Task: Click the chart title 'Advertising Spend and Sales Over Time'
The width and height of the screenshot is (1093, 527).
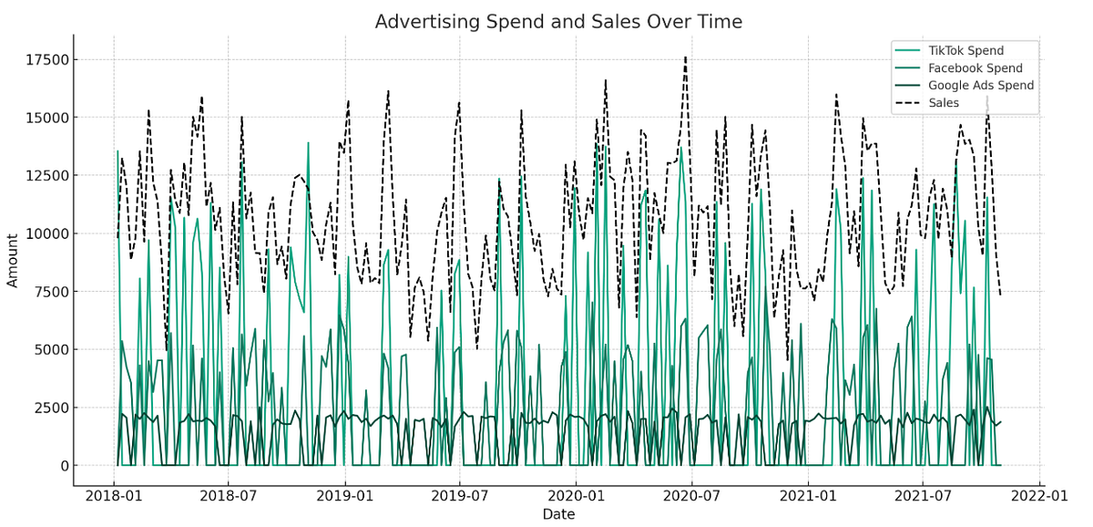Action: click(x=558, y=22)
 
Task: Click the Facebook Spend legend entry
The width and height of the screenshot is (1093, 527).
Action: click(x=975, y=68)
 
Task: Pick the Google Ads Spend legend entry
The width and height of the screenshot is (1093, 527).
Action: click(x=981, y=86)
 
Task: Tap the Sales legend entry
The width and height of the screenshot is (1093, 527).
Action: click(x=944, y=103)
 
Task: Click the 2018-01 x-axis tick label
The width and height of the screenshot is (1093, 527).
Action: click(x=114, y=497)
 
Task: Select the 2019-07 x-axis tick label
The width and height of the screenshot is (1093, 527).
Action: click(x=459, y=497)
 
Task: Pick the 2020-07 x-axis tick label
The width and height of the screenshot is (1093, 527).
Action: click(x=691, y=497)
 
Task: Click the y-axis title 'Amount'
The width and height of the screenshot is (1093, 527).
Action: click(x=13, y=260)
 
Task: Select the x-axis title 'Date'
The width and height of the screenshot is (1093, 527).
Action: click(x=558, y=514)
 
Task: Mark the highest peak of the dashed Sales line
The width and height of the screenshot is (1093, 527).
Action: click(x=685, y=57)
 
